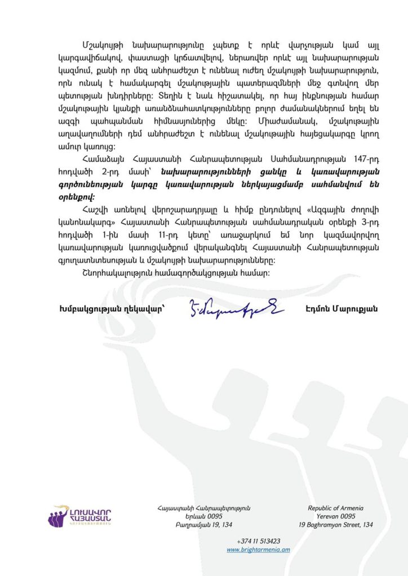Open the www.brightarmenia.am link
[258, 550]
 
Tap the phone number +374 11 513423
[259, 541]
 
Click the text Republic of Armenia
[335, 508]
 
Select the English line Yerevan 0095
[335, 516]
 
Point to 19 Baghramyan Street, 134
[335, 525]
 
